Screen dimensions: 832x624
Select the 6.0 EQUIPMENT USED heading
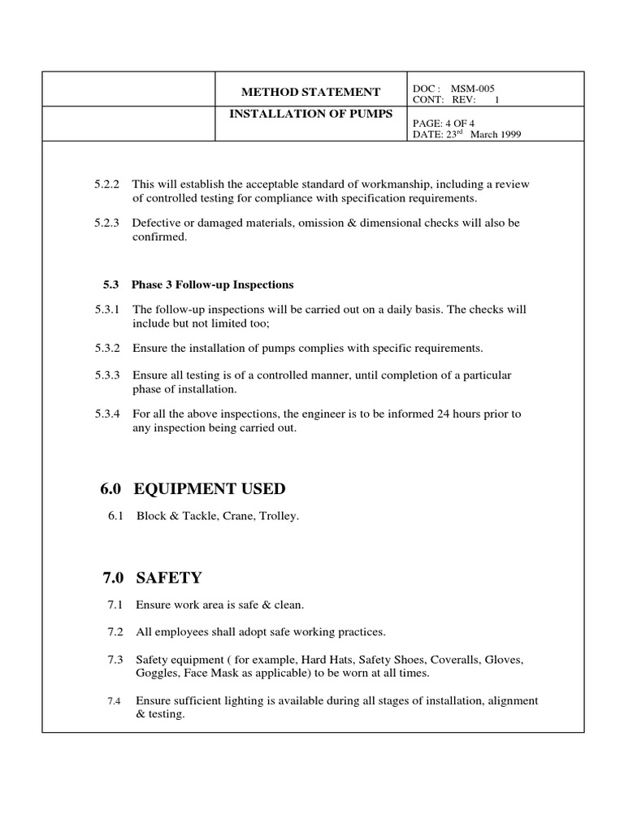point(192,489)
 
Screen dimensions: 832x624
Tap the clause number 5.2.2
point(106,184)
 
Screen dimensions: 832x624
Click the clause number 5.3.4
point(106,414)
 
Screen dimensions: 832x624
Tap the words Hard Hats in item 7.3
point(331,660)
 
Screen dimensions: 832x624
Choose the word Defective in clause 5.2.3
point(155,223)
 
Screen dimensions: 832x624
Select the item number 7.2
point(114,632)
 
